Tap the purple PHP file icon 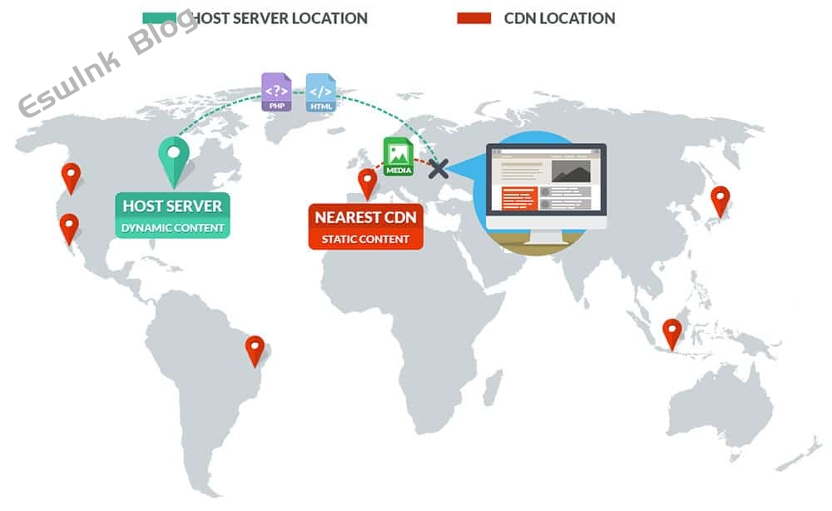(x=276, y=92)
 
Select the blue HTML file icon (x=321, y=93)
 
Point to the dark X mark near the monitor (x=438, y=169)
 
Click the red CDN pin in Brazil (x=255, y=351)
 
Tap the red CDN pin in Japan (x=720, y=201)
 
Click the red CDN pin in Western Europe (x=367, y=184)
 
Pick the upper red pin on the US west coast (x=71, y=179)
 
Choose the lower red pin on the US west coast (x=69, y=229)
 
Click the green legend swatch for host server (x=159, y=18)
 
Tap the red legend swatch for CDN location (x=474, y=18)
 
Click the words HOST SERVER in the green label (x=172, y=206)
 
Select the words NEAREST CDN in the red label (x=365, y=217)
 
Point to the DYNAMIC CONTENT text (x=172, y=228)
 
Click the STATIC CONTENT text (x=365, y=240)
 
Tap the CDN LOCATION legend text (x=560, y=18)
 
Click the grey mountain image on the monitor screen (x=571, y=171)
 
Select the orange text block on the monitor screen (x=519, y=198)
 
